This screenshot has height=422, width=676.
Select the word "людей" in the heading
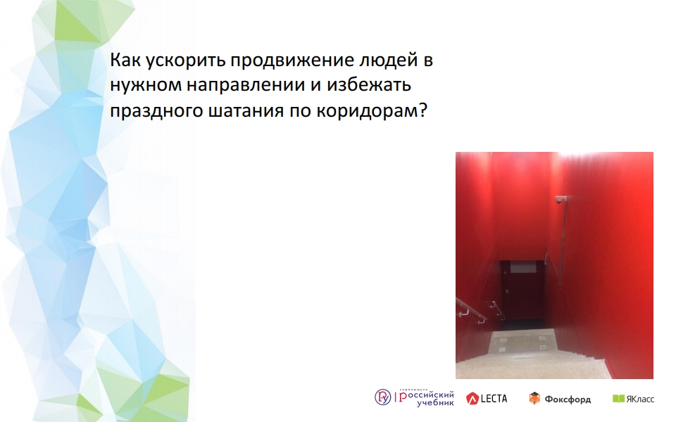[x=386, y=60]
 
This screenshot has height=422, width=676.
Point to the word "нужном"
[x=146, y=86]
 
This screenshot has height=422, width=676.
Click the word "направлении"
[x=246, y=86]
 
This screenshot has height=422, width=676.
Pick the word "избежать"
[x=369, y=85]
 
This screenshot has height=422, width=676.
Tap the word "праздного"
[x=157, y=111]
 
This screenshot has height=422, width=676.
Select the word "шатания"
[x=246, y=111]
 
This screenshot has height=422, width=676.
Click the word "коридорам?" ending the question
[x=372, y=111]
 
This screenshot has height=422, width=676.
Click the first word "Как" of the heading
[x=125, y=60]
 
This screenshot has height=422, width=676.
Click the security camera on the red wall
[x=561, y=199]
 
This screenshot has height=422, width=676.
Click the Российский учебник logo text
[x=427, y=398]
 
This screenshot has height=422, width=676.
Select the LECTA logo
[x=487, y=398]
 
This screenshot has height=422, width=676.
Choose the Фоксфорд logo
[x=560, y=399]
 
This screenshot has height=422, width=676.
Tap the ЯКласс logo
[x=633, y=399]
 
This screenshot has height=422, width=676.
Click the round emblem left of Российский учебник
[x=382, y=397]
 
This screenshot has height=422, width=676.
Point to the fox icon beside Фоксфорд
[x=534, y=398]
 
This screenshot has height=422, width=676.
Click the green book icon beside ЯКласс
[x=618, y=399]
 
